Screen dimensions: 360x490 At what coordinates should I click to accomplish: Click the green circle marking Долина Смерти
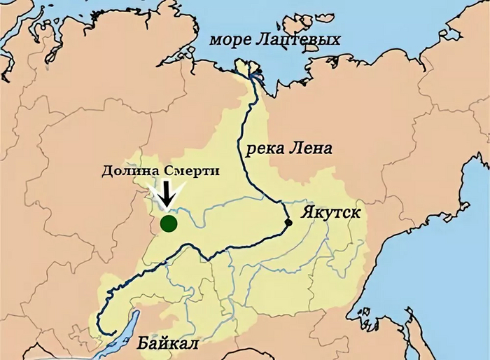168,223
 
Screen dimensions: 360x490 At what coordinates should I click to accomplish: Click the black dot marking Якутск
288,223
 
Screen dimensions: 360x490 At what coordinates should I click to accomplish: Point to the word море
230,40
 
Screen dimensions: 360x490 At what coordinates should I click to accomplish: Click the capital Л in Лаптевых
260,40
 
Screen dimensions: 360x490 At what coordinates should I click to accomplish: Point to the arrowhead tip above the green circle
167,208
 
